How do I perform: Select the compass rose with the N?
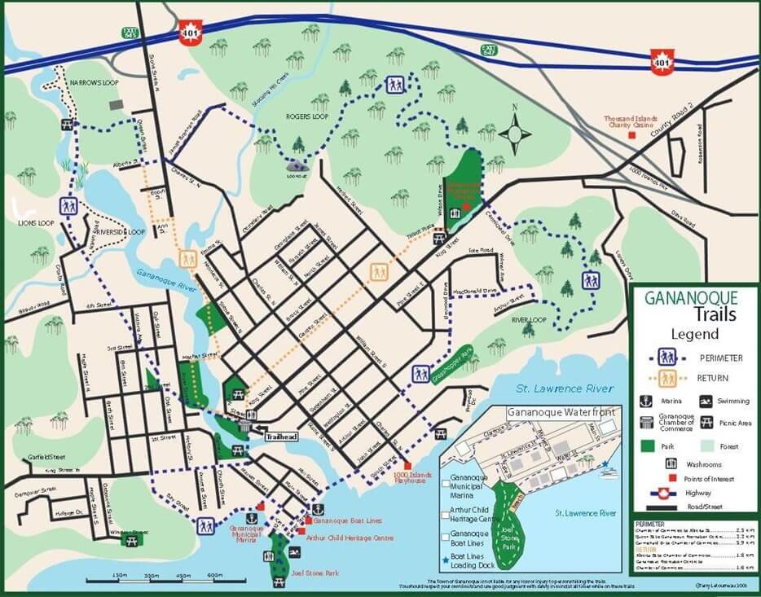(515, 133)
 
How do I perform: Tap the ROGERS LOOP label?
(284, 116)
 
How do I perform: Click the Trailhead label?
(282, 437)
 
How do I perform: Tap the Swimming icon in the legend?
(706, 401)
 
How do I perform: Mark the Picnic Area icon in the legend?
(706, 422)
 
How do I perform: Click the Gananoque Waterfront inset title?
(556, 413)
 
